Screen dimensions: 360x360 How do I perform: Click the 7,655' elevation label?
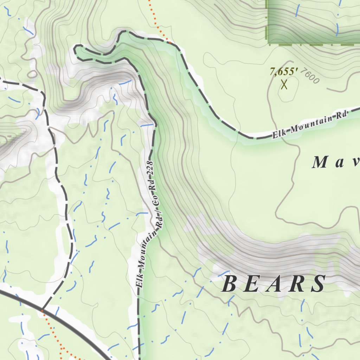click(x=284, y=72)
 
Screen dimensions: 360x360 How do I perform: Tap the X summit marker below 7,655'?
click(x=284, y=84)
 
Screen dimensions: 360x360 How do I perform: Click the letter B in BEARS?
click(x=230, y=284)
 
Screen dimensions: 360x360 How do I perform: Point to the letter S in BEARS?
click(x=319, y=284)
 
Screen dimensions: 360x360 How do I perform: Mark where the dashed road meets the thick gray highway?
click(x=42, y=310)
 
